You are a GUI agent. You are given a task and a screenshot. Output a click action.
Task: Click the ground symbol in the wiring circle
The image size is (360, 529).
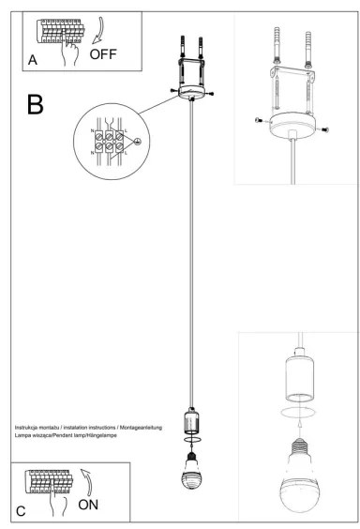[138, 142]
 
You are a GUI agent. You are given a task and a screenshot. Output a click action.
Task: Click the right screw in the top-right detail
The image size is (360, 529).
[324, 129]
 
